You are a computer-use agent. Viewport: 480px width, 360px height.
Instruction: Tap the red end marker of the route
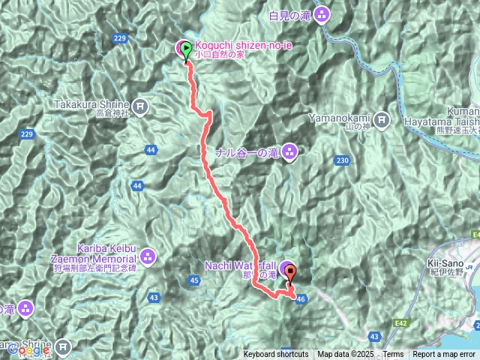point(291,275)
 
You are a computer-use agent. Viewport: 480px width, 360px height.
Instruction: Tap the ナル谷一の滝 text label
point(247,153)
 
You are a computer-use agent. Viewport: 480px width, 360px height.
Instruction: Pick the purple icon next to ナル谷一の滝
point(290,153)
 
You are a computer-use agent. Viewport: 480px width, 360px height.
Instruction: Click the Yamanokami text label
point(340,118)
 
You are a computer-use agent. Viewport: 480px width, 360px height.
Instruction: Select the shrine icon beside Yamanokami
point(382,118)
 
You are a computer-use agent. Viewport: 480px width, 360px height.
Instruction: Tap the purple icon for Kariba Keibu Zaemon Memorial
point(148,257)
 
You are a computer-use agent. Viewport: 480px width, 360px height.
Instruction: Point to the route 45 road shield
point(194,280)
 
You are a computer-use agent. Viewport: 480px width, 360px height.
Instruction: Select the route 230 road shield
point(343,160)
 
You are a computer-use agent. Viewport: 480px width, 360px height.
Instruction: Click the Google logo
point(25,349)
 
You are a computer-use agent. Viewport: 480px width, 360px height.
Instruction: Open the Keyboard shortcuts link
point(275,355)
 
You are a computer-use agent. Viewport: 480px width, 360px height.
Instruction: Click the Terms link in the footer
point(393,355)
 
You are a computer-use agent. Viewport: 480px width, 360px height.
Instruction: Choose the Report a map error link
point(443,355)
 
